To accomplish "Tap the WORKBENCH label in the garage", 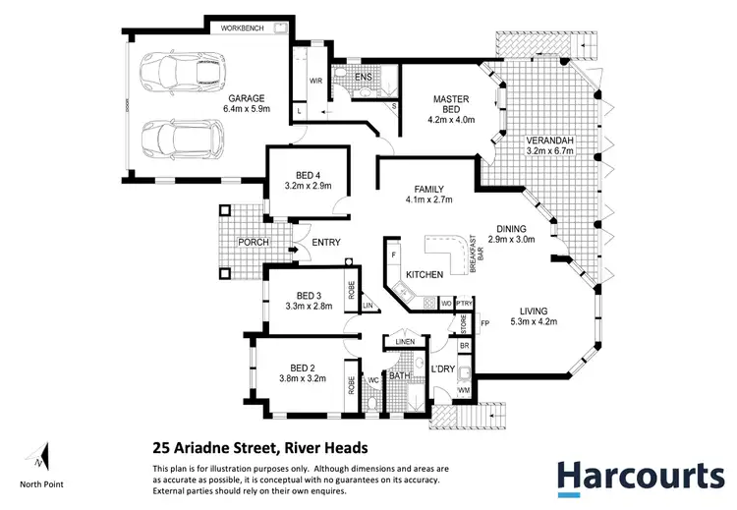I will pyautogui.click(x=242, y=29).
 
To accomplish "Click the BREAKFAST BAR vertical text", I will pyautogui.click(x=473, y=258).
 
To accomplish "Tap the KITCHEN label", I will pyautogui.click(x=424, y=274).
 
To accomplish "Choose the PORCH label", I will pyautogui.click(x=240, y=243).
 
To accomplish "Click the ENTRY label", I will pyautogui.click(x=325, y=243).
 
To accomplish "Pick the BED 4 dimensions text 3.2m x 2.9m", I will pyautogui.click(x=308, y=184).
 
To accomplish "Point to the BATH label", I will pyautogui.click(x=400, y=375).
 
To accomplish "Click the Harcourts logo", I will pyautogui.click(x=640, y=477).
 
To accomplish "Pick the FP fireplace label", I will pyautogui.click(x=484, y=323).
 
